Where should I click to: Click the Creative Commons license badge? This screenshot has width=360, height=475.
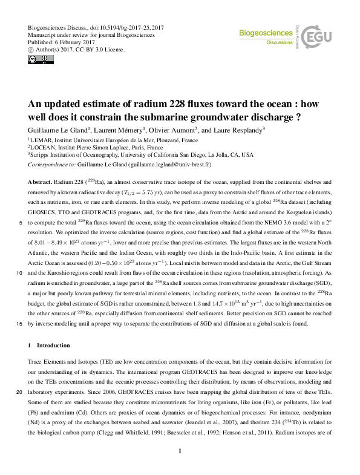36,60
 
